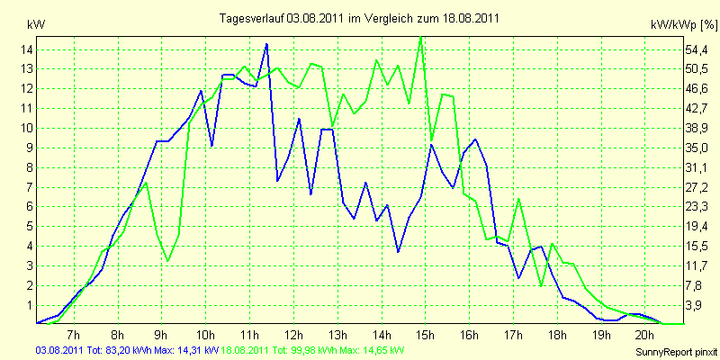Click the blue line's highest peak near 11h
[266, 44]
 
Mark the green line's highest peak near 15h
[420, 37]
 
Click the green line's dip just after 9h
[167, 261]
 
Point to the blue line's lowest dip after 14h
[399, 252]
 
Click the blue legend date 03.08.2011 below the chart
[59, 349]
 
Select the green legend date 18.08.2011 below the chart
[246, 349]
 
